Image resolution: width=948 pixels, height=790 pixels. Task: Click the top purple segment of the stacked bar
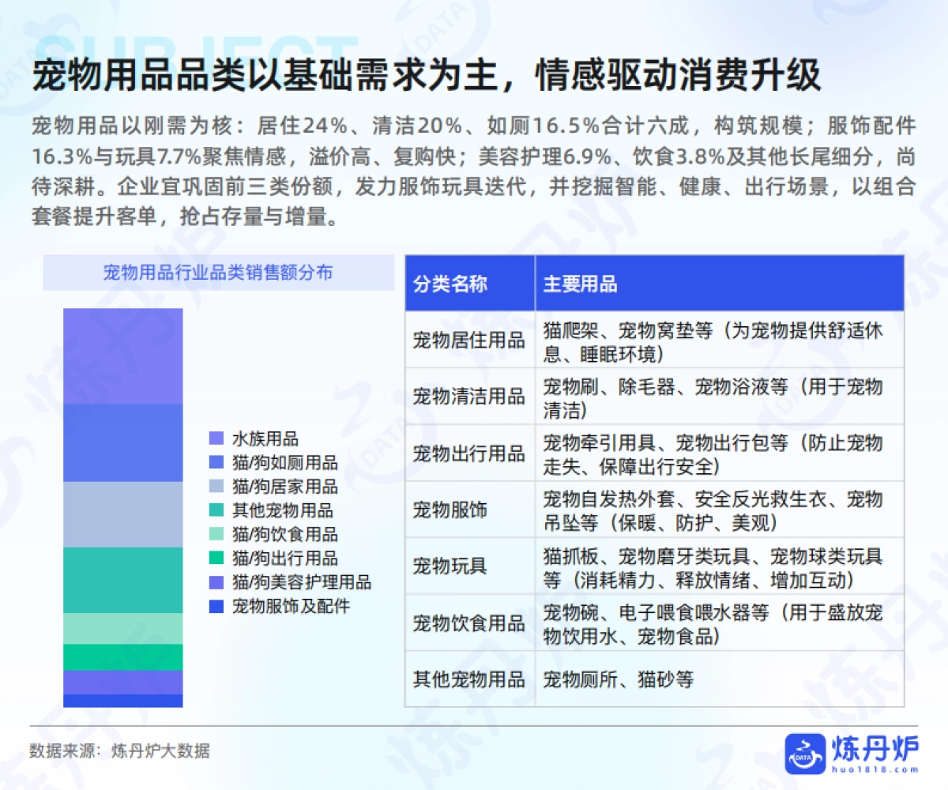(122, 355)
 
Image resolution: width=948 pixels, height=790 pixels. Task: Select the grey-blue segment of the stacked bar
(122, 514)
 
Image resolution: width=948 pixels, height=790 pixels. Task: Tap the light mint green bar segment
(122, 628)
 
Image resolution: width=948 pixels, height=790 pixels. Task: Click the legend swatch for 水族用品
(216, 438)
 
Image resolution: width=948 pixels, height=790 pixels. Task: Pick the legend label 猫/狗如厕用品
(284, 463)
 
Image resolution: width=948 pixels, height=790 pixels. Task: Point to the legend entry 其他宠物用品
(282, 510)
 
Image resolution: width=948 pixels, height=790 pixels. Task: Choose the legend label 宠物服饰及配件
(291, 607)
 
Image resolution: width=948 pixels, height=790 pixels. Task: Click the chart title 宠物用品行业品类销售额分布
(218, 273)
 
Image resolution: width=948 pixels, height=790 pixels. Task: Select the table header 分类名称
(450, 284)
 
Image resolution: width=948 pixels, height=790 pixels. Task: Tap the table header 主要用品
(581, 284)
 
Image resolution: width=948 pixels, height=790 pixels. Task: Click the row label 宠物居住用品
(468, 340)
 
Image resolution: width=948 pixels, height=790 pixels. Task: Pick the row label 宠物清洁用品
(468, 397)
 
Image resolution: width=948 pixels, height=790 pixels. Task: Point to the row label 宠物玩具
(450, 566)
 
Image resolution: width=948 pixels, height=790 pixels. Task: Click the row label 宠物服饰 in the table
(450, 510)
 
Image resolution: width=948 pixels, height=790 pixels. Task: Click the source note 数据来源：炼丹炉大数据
(120, 750)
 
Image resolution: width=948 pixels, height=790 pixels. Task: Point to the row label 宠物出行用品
(468, 453)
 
